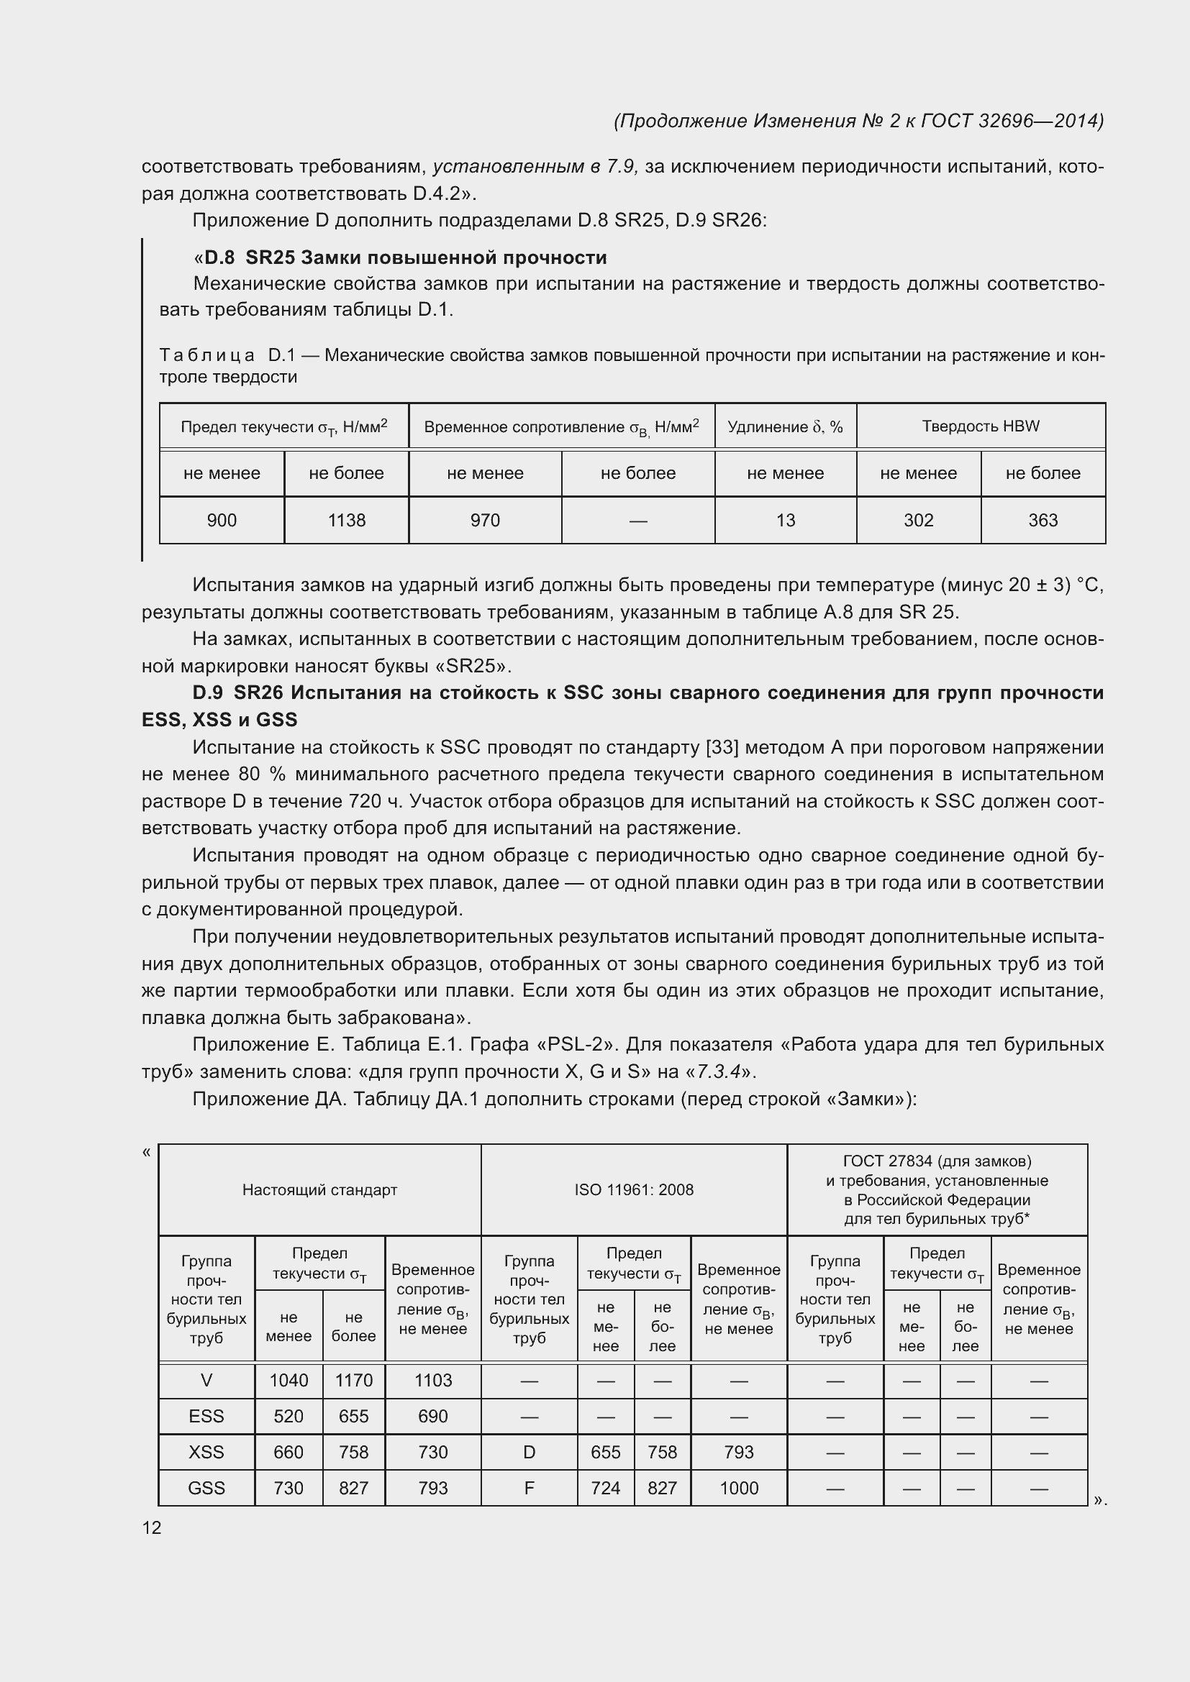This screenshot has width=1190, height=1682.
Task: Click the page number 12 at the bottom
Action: pyautogui.click(x=152, y=1527)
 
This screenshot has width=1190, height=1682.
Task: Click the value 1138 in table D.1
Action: pyautogui.click(x=347, y=520)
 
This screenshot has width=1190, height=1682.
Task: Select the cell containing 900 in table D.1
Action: pyautogui.click(x=222, y=520)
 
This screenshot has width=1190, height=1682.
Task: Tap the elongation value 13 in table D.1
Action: pyautogui.click(x=785, y=520)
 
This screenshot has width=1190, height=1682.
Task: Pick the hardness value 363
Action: pyautogui.click(x=1043, y=520)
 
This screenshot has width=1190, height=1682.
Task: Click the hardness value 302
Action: pyautogui.click(x=918, y=520)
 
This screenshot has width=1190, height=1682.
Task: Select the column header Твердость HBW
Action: pyautogui.click(x=981, y=426)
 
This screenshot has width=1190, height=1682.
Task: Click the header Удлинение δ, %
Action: pyautogui.click(x=785, y=426)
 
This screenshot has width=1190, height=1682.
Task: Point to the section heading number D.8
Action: pyautogui.click(x=219, y=258)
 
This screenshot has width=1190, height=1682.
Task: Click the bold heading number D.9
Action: pyautogui.click(x=207, y=693)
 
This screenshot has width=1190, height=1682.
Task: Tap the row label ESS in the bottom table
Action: pyautogui.click(x=206, y=1416)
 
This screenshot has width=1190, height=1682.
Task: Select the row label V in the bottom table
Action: pyautogui.click(x=206, y=1380)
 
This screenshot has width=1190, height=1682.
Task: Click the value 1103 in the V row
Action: pyautogui.click(x=433, y=1380)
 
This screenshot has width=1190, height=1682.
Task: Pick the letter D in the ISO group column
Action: pyautogui.click(x=529, y=1452)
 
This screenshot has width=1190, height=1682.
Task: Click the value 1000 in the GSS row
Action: pyautogui.click(x=739, y=1488)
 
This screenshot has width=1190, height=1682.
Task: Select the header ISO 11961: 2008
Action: pyautogui.click(x=634, y=1189)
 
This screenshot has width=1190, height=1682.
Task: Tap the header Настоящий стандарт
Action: pyautogui.click(x=319, y=1189)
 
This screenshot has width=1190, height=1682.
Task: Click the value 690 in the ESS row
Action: pyautogui.click(x=433, y=1416)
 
